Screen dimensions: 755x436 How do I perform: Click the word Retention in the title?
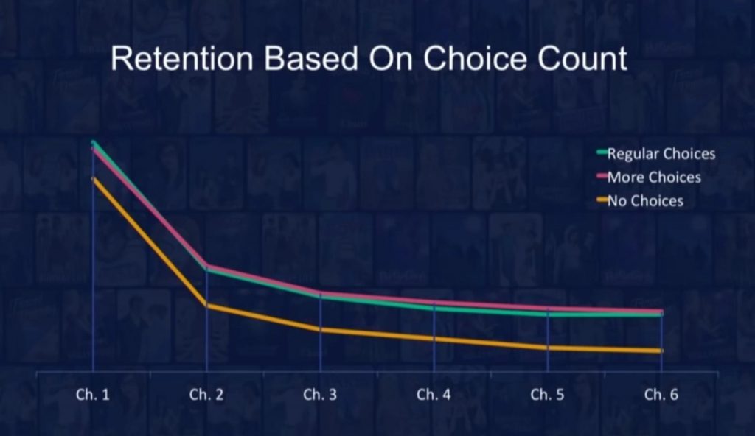[182, 59]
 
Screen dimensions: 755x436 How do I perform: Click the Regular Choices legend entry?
[655, 153]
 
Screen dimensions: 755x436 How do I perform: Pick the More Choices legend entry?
[649, 177]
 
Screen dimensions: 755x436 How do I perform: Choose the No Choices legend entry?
[640, 200]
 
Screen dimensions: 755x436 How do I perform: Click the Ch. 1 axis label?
[93, 395]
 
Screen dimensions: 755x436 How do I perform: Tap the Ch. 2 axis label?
[206, 395]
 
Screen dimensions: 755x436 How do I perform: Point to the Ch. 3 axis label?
[320, 395]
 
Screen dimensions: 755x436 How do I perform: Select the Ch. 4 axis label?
[434, 395]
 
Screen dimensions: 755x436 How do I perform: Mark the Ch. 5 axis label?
[548, 395]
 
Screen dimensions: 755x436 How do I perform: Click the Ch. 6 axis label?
[661, 395]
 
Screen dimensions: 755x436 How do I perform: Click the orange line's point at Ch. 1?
[94, 179]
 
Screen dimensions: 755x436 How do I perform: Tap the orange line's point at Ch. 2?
[206, 305]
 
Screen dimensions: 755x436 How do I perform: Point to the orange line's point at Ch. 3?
[320, 330]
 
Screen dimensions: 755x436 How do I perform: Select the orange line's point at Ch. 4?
[434, 339]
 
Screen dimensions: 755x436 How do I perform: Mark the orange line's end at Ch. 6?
[661, 351]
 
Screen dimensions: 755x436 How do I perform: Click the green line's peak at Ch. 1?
[94, 142]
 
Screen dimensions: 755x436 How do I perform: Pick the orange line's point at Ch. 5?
[548, 348]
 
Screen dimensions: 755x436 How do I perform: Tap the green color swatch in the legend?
[602, 152]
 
